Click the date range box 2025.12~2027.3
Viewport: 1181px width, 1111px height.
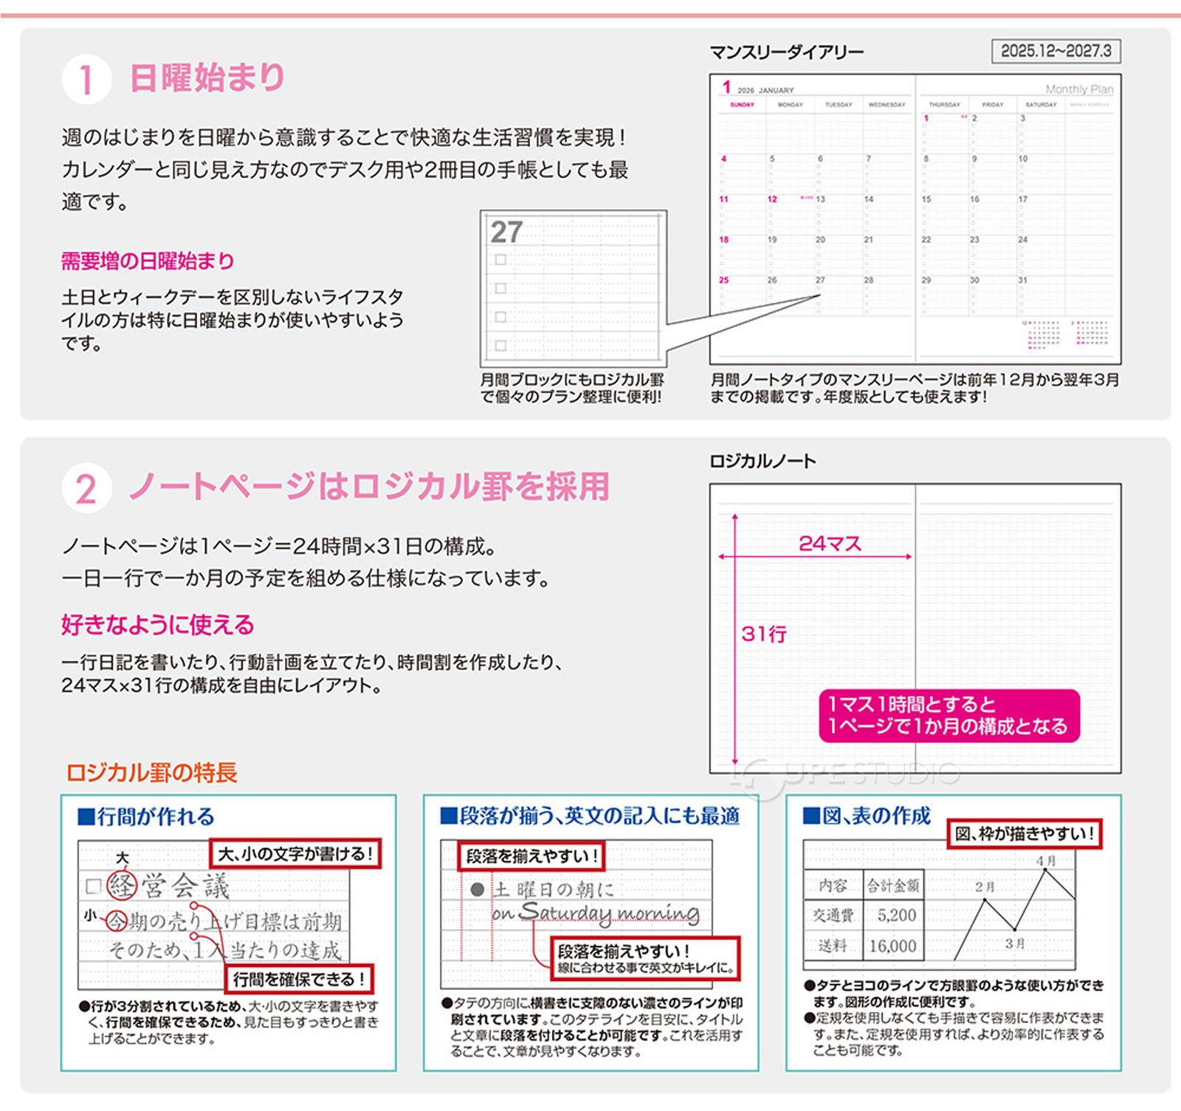[x=1056, y=51]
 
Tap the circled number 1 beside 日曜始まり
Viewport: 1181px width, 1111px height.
[x=86, y=80]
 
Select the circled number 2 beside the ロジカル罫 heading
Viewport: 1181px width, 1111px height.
[x=86, y=489]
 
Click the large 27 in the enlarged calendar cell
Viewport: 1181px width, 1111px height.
[x=506, y=233]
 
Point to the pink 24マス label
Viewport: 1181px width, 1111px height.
[x=830, y=544]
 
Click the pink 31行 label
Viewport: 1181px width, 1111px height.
[x=764, y=634]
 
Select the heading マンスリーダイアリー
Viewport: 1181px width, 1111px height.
[x=786, y=52]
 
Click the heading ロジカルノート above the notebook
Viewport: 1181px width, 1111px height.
[x=762, y=462]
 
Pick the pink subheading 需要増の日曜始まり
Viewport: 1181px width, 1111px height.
[x=148, y=261]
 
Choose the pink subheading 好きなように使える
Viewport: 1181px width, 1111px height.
[x=157, y=625]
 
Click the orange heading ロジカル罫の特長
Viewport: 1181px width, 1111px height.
[x=151, y=773]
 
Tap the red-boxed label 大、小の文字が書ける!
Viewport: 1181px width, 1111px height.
[x=295, y=854]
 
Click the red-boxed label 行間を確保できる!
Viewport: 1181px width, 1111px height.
[x=299, y=980]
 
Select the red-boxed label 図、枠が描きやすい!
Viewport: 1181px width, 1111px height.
[x=1025, y=834]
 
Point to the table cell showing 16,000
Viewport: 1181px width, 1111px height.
[x=892, y=946]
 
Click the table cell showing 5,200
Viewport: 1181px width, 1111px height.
[x=896, y=915]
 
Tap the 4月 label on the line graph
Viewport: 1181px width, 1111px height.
[x=1046, y=861]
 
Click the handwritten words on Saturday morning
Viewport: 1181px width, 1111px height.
[x=596, y=913]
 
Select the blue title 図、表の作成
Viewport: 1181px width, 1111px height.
[x=867, y=816]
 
